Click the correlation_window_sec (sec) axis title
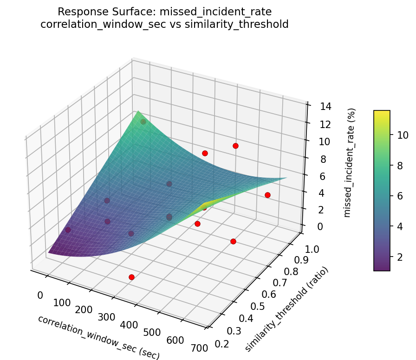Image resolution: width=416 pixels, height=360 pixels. coord(98,337)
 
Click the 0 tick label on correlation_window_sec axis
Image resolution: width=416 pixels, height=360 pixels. coord(40,295)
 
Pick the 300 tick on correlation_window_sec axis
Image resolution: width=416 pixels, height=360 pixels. coord(106,317)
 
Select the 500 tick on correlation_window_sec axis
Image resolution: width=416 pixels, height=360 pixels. coord(152,333)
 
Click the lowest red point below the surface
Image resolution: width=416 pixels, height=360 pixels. coord(131,277)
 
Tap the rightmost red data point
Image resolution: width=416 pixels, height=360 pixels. coord(267,195)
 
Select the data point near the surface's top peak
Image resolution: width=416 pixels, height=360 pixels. coord(143,122)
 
